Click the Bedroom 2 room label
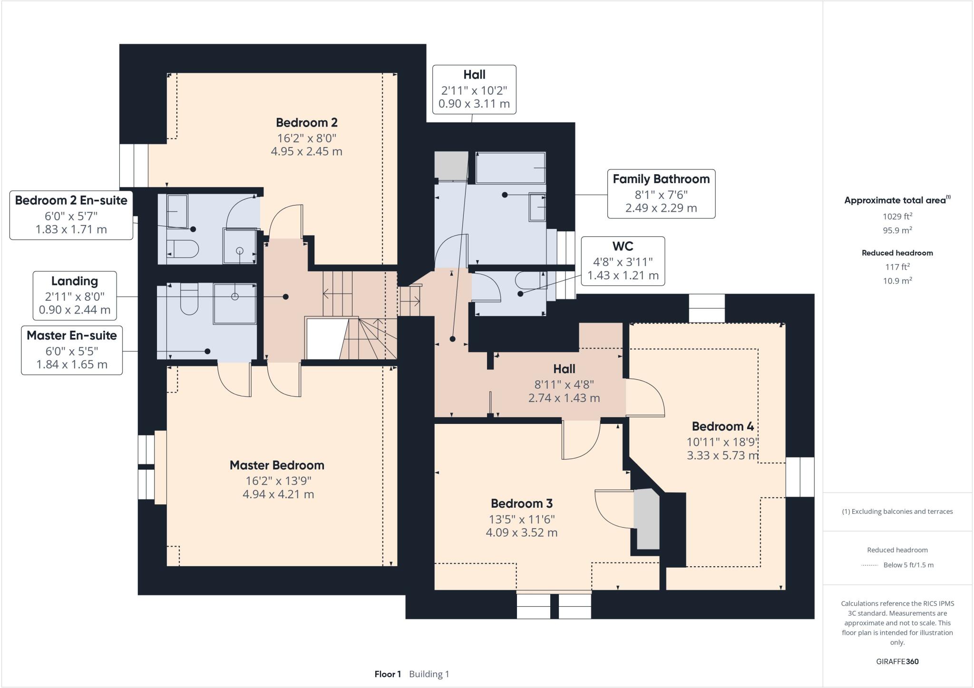[x=307, y=123]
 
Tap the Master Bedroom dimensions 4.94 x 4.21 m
[x=278, y=494]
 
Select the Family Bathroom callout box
[x=661, y=194]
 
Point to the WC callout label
[x=623, y=246]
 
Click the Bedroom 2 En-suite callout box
[x=71, y=215]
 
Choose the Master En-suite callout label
[x=72, y=336]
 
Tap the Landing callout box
[x=75, y=295]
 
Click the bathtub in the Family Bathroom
[x=510, y=168]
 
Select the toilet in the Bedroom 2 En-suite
[x=184, y=249]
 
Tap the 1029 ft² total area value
[x=897, y=216]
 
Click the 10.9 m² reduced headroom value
[x=897, y=281]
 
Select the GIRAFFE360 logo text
[x=897, y=661]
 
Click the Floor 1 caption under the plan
[x=388, y=674]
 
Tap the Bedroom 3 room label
[x=521, y=503]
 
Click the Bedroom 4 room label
[x=722, y=426]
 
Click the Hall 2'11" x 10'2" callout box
[x=474, y=89]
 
